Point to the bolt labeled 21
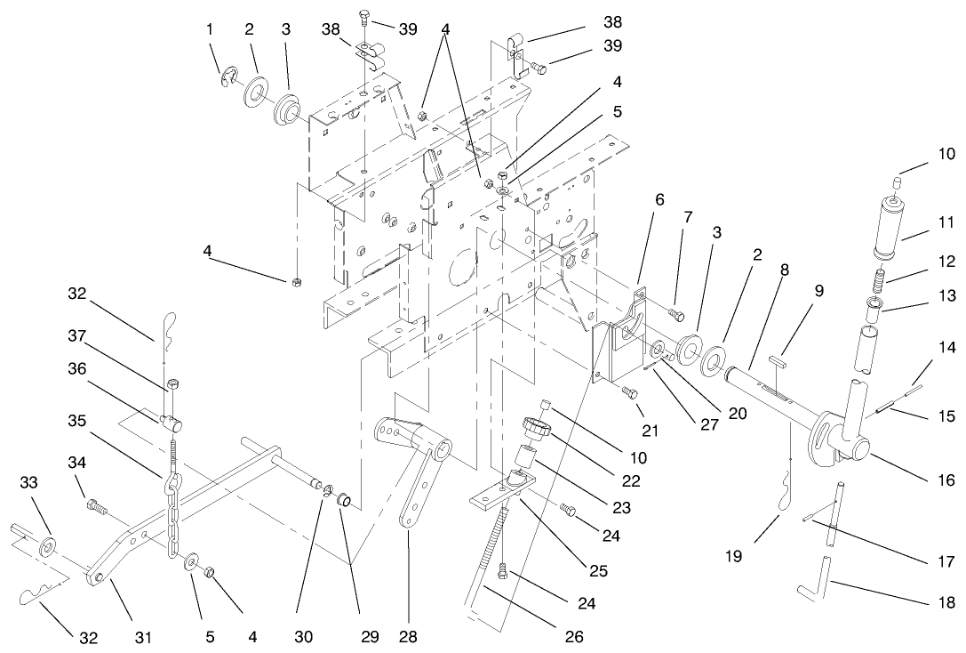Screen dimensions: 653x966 [629, 391]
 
